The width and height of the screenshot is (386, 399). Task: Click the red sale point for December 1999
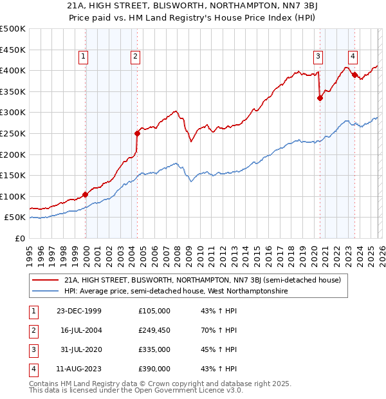pos(86,194)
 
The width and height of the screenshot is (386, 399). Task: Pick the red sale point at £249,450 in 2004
pos(137,134)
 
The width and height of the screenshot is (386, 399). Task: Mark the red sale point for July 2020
pos(320,98)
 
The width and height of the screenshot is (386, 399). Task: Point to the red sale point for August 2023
pos(354,75)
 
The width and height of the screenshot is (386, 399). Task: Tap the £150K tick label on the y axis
pos(14,176)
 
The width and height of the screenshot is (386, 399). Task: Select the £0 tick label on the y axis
pos(19,239)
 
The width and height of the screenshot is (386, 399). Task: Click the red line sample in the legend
pos(46,280)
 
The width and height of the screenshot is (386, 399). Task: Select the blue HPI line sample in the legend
pos(46,292)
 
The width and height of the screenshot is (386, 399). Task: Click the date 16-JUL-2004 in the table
pos(82,331)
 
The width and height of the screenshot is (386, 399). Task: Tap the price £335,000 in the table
pos(154,349)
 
